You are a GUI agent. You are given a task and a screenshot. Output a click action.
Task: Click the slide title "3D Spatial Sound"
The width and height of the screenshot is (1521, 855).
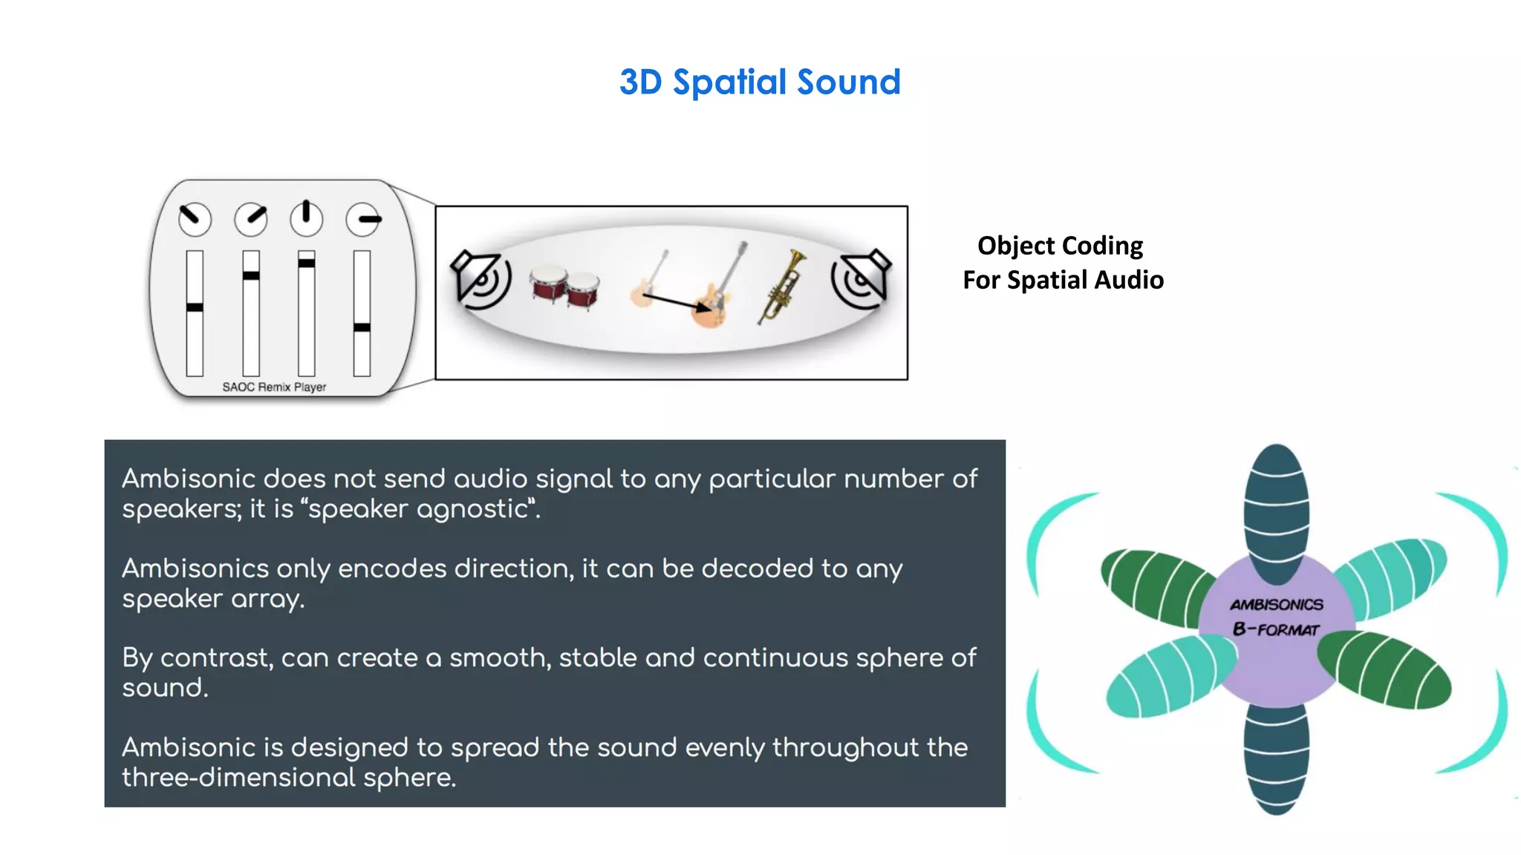(760, 82)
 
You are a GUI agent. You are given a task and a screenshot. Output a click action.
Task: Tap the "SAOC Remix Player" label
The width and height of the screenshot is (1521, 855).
(274, 387)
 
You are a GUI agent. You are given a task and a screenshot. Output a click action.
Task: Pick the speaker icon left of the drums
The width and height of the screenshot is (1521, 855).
(481, 279)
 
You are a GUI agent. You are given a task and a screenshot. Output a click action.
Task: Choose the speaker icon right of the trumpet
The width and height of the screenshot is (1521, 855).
(861, 278)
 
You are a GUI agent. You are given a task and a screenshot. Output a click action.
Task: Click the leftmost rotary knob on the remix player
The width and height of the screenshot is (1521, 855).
(195, 220)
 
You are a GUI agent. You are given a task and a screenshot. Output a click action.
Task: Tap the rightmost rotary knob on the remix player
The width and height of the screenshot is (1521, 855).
(363, 220)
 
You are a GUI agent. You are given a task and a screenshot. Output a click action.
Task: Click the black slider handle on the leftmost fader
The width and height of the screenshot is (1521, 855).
(195, 307)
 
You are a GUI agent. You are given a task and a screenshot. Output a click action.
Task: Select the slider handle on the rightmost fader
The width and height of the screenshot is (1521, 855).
(362, 327)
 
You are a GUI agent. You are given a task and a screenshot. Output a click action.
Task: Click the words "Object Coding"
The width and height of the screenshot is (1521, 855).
(1060, 246)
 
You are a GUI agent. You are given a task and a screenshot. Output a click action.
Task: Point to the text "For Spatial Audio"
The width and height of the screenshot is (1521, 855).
(1063, 280)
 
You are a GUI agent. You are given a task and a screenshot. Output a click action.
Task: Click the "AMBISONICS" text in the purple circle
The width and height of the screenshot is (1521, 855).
(1276, 605)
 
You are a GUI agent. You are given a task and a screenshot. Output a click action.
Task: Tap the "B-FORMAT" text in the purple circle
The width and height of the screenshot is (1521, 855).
(1276, 630)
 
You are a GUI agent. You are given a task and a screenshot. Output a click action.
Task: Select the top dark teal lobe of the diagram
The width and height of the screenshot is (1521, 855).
(1277, 512)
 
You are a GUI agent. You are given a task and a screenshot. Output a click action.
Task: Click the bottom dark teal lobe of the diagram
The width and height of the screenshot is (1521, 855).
(1277, 757)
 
